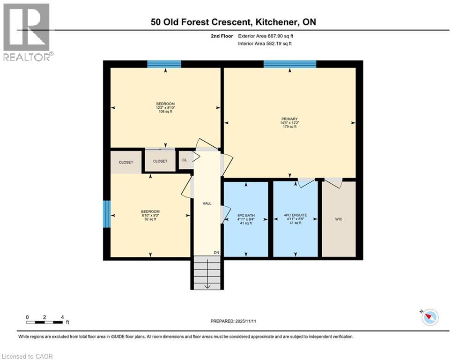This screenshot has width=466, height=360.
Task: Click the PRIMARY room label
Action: click(x=290, y=119)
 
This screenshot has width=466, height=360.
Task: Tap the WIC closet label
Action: click(x=339, y=219)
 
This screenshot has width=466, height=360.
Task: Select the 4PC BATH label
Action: click(x=246, y=215)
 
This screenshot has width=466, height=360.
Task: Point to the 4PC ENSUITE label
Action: click(x=295, y=215)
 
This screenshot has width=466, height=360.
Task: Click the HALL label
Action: click(x=207, y=203)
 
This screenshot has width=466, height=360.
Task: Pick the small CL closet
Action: click(x=185, y=159)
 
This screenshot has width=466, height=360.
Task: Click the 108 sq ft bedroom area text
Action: click(x=165, y=112)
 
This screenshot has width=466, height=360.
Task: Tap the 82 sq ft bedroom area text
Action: click(x=151, y=219)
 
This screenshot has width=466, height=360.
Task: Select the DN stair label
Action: click(x=216, y=253)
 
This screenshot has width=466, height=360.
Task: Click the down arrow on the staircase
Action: click(x=207, y=285)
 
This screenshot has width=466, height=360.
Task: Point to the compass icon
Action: click(x=429, y=317)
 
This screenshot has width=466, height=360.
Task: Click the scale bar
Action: click(x=45, y=322)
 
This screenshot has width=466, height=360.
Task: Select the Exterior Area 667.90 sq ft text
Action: click(x=266, y=36)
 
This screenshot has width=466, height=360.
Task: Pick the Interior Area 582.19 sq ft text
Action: click(x=266, y=44)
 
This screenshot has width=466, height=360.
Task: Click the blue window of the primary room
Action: click(x=289, y=64)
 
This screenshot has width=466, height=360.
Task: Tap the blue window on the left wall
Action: click(x=107, y=214)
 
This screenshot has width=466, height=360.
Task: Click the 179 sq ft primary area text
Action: click(x=290, y=127)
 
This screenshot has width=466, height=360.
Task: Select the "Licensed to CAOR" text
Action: click(x=27, y=356)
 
